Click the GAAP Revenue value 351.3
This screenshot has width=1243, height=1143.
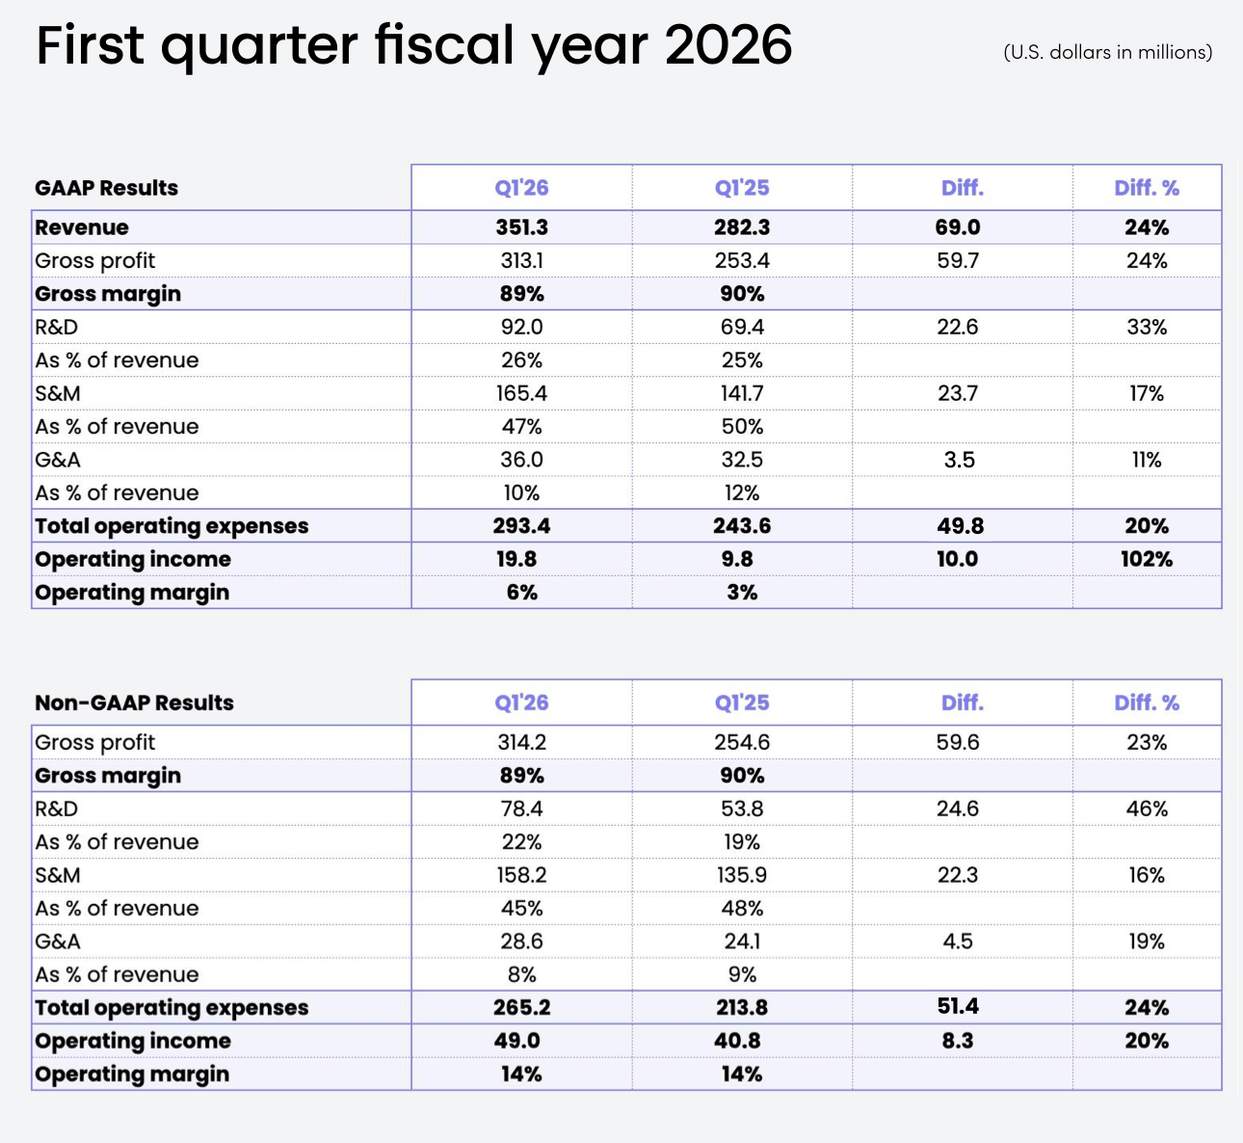click(521, 226)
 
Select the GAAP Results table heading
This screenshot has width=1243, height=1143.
click(106, 188)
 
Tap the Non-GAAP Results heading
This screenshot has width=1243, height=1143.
click(134, 703)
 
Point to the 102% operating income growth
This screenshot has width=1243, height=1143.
click(1147, 559)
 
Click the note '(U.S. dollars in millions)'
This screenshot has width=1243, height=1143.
click(1108, 52)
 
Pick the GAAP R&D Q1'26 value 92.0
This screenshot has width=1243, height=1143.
click(521, 327)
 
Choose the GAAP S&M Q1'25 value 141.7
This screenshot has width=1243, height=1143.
click(742, 393)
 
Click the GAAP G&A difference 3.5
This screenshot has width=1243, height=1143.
click(959, 460)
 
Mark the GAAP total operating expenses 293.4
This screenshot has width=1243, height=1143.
click(521, 525)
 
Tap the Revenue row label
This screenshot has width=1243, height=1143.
click(82, 226)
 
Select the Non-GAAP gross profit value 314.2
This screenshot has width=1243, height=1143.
click(521, 742)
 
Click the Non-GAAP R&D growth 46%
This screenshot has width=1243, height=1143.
click(1147, 809)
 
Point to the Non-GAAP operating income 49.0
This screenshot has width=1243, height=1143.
click(516, 1040)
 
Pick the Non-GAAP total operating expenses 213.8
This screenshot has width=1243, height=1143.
click(742, 1007)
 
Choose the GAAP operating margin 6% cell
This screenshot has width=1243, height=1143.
click(521, 592)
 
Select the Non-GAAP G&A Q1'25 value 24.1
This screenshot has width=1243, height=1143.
click(742, 941)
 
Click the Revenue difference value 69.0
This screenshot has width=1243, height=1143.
click(958, 226)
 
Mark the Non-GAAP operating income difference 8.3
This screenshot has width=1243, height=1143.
click(958, 1040)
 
